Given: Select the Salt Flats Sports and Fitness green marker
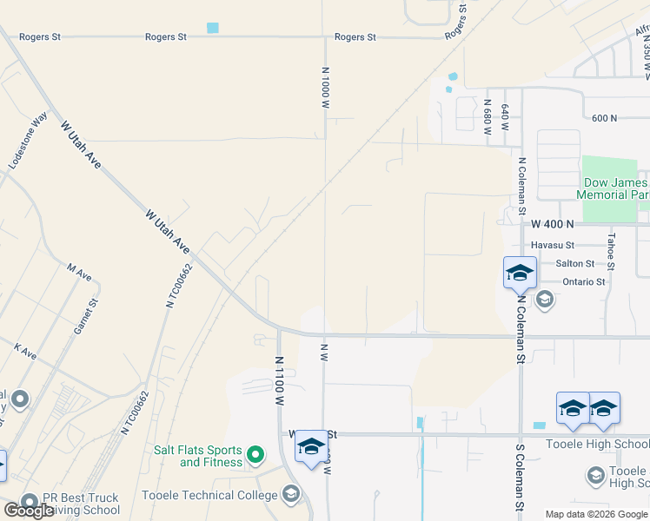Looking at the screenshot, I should (255, 453).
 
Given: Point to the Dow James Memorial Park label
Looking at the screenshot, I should (615, 188).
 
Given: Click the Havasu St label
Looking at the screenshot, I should (554, 245).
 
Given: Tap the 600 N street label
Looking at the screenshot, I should (603, 118).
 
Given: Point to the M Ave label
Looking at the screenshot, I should (79, 274).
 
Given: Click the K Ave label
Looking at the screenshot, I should (25, 352).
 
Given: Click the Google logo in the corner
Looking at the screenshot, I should (29, 511).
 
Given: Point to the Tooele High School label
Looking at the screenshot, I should (597, 445).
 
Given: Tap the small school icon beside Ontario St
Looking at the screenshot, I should (545, 300).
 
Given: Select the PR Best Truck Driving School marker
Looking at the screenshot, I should (30, 502).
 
